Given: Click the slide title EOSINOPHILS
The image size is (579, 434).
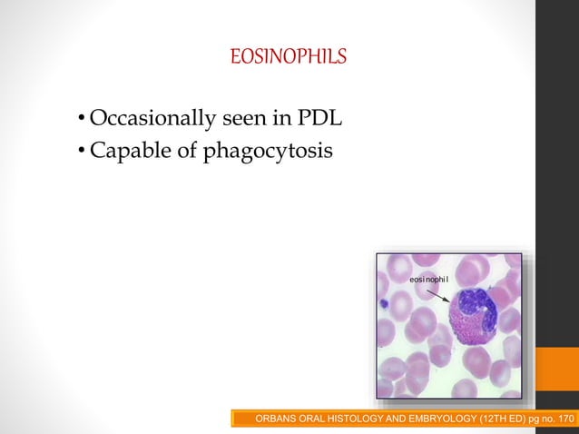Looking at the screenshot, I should pyautogui.click(x=289, y=58).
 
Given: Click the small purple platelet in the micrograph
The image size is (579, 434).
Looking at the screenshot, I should pyautogui.click(x=384, y=304).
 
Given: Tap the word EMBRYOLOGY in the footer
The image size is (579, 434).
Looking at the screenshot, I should pyautogui.click(x=436, y=419).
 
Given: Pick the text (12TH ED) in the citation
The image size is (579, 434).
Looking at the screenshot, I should pyautogui.click(x=502, y=419).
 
